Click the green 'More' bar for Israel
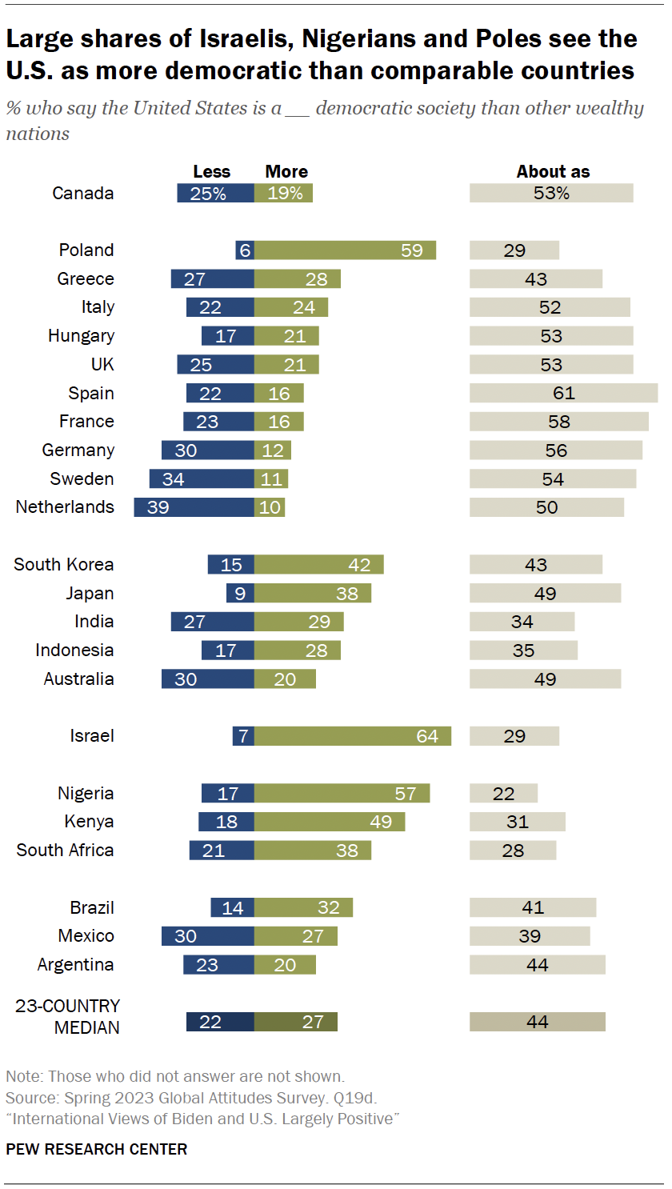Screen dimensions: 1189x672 click(353, 736)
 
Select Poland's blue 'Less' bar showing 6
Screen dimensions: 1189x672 click(245, 250)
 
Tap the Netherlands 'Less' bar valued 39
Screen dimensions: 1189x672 click(194, 507)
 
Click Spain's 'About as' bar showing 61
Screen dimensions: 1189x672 click(563, 393)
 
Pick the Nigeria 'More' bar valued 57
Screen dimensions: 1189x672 click(342, 794)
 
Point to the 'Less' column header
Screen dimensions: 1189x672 click(211, 172)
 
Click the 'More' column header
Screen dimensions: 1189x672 click(286, 172)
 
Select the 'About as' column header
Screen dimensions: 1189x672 click(553, 172)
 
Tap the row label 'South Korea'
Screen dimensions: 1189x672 click(64, 565)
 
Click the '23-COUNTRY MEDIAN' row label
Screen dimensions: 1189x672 click(68, 1017)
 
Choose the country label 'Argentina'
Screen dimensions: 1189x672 click(75, 965)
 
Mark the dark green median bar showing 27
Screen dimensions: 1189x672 click(296, 1022)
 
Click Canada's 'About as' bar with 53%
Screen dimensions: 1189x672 click(551, 193)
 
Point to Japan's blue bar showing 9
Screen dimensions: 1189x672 click(240, 594)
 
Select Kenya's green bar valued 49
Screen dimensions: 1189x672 click(330, 822)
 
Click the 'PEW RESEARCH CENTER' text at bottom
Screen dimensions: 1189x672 click(97, 1150)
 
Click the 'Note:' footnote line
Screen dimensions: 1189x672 click(175, 1076)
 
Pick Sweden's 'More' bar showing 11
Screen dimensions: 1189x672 click(271, 479)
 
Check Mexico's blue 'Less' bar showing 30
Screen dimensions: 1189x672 click(208, 936)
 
